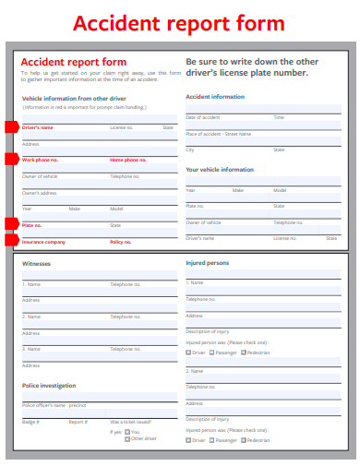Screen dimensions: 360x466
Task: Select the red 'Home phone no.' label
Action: (127, 161)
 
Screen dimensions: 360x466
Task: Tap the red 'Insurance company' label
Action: (43, 242)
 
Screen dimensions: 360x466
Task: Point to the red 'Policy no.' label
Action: (121, 242)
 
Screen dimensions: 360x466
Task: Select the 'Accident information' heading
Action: (215, 97)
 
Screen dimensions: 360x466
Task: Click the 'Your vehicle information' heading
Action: (220, 170)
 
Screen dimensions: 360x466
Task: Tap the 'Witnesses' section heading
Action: (37, 264)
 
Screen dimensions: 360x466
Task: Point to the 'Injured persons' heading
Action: (208, 263)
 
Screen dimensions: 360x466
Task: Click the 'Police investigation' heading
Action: (49, 385)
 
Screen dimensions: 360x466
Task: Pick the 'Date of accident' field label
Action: (203, 117)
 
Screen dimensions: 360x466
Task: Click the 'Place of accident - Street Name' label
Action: (218, 134)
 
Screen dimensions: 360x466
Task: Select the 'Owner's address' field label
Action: (40, 193)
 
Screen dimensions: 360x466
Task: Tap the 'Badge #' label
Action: (30, 421)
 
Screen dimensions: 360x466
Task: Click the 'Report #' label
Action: (78, 421)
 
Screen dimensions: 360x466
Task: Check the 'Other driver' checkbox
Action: (127, 438)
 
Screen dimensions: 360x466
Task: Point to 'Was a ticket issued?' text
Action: (132, 421)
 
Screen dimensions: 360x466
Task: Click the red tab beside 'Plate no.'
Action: (11, 224)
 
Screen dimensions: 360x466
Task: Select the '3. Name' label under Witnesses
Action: (31, 349)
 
